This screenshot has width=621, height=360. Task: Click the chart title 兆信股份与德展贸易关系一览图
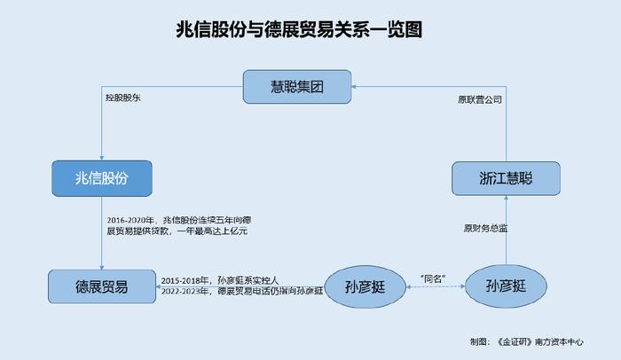(299, 29)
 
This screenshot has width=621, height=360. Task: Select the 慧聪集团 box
(297, 87)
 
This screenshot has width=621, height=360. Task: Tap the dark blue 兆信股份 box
(102, 178)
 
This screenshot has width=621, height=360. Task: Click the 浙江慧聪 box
(506, 178)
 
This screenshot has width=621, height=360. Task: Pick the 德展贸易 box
(102, 286)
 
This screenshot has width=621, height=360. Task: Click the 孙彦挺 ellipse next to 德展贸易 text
(366, 286)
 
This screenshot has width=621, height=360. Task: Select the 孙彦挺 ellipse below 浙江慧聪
(506, 286)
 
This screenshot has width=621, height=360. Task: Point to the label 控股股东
(123, 98)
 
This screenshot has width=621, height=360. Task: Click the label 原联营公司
(480, 99)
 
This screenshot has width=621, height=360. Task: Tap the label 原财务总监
(485, 228)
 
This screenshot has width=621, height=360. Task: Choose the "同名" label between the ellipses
(433, 278)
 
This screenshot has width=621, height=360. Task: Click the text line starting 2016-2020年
(178, 220)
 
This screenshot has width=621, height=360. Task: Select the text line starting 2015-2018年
(220, 280)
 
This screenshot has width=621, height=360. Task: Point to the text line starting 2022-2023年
(241, 291)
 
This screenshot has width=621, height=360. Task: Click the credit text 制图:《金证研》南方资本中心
(527, 341)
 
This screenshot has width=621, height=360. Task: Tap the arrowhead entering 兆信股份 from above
(102, 158)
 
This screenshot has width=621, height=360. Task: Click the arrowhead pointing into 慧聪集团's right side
(354, 86)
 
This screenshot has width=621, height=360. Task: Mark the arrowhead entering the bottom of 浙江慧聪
(506, 198)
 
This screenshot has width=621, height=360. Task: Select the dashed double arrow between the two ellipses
(436, 286)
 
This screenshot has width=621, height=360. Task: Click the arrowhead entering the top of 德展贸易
(102, 267)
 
